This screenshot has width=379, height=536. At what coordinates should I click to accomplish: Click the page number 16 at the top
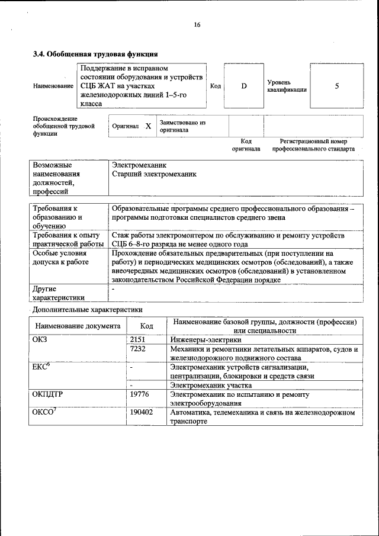[197, 24]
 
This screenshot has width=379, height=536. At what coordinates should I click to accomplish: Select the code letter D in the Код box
[243, 86]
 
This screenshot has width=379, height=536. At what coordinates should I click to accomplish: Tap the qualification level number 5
[337, 86]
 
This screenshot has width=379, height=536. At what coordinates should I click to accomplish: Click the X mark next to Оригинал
[148, 126]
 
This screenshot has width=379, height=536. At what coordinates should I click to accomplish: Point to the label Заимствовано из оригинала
[182, 126]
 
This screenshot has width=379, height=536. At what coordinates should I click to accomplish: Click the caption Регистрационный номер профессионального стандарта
[313, 145]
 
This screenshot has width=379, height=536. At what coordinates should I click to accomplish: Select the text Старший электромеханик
[154, 175]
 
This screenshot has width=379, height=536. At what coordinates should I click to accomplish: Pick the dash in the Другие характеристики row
[113, 288]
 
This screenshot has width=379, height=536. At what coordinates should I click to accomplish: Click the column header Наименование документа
[78, 326]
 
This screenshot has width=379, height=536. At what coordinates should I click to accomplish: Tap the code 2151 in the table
[137, 340]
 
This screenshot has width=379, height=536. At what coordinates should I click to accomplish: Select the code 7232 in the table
[137, 349]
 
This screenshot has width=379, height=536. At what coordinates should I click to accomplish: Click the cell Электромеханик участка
[206, 385]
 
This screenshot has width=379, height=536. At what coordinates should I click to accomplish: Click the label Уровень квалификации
[287, 86]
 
